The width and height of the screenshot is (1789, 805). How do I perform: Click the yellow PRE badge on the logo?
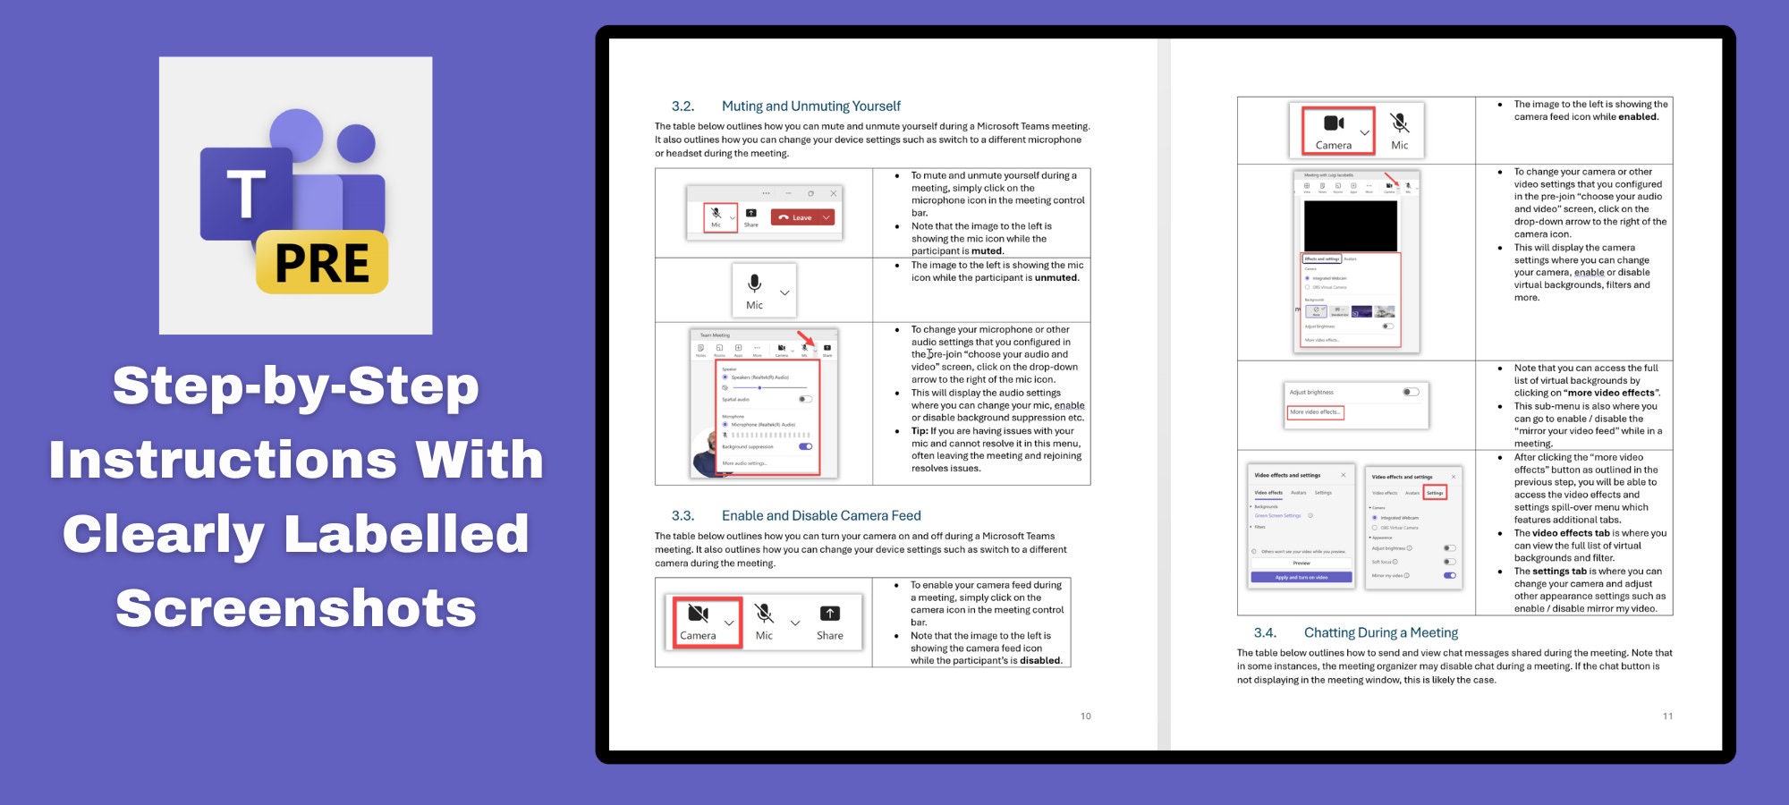pos(322,263)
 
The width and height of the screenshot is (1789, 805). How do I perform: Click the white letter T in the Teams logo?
pos(246,194)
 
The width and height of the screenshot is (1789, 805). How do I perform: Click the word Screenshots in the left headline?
pos(296,608)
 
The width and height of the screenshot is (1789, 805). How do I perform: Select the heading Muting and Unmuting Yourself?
pos(810,106)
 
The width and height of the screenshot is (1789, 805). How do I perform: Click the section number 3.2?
pos(683,106)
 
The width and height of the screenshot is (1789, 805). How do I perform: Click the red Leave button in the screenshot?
pos(802,217)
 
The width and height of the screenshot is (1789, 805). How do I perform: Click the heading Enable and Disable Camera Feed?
pos(821,516)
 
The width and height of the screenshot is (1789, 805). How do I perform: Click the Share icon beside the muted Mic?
pos(829,622)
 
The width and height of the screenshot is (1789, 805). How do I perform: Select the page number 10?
pos(1085,716)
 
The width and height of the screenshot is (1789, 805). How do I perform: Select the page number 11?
pos(1667,716)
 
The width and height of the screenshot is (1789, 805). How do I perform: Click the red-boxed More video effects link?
pos(1315,412)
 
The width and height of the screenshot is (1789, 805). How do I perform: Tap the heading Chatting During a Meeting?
pos(1380,633)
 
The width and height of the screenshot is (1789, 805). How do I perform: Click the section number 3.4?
pos(1265,633)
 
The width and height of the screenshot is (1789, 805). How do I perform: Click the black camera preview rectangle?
pos(1350,225)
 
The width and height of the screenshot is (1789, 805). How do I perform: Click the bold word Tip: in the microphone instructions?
pos(920,431)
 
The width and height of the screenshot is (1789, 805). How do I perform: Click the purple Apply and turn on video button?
pos(1301,578)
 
